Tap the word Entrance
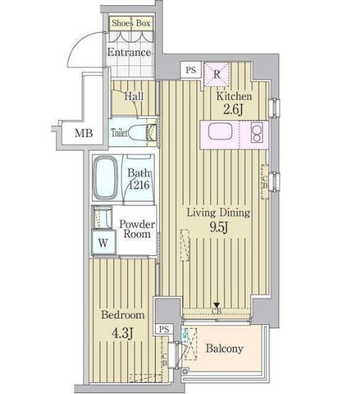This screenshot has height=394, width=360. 129,52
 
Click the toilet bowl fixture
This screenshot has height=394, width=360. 150,133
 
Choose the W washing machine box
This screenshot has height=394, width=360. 104,242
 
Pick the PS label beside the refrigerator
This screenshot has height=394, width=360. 191,70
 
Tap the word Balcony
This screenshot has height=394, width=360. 225,350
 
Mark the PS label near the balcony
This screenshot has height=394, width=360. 164,330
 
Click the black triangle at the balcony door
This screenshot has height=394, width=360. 216,305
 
